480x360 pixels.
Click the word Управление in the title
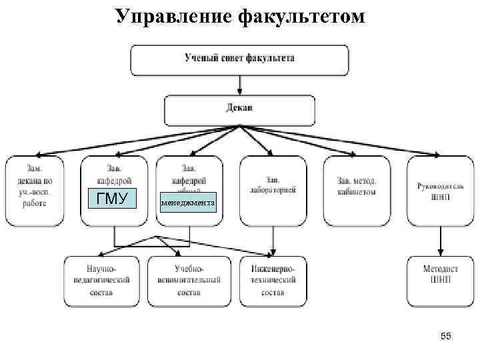[172, 16]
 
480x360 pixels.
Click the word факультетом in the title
[301, 16]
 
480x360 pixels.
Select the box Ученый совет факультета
[239, 60]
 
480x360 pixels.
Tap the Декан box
[239, 111]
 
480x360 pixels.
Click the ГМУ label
[112, 199]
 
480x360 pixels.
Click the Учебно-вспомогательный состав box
[189, 280]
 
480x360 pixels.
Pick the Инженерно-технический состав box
[273, 280]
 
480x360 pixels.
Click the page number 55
[446, 337]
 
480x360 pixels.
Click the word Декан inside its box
[239, 107]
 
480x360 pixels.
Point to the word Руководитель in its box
[440, 186]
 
